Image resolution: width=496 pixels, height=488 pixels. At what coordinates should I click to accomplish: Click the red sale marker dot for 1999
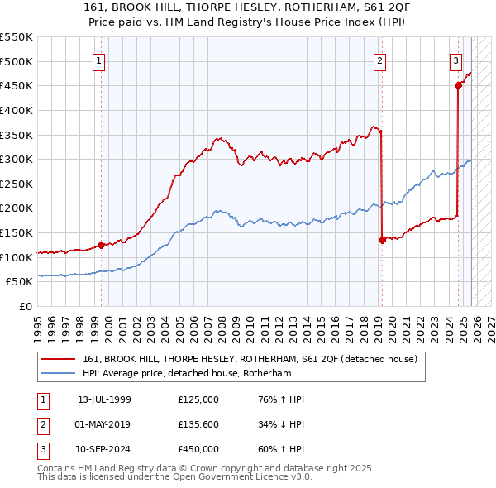[102, 245]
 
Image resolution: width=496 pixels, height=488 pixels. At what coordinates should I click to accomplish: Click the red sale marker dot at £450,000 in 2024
[458, 84]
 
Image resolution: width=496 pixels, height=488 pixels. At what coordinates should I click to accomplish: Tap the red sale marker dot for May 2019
[382, 240]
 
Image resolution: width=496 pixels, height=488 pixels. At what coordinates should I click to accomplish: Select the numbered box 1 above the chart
[98, 60]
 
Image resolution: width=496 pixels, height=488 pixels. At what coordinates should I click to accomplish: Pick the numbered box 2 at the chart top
[379, 60]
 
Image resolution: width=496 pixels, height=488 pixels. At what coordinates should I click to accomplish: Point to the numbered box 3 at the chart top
[455, 60]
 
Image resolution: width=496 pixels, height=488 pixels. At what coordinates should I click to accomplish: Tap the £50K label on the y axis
[20, 282]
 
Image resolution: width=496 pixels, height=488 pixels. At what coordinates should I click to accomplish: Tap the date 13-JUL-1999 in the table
[104, 399]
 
